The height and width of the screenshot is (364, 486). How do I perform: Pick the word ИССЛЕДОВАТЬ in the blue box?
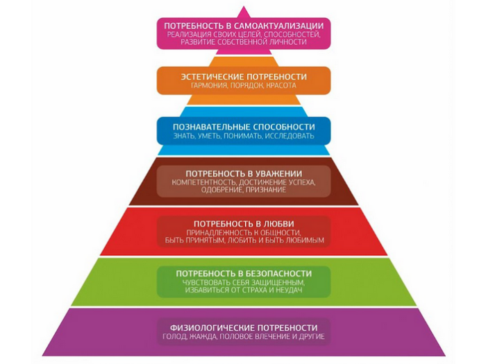[x=287, y=137]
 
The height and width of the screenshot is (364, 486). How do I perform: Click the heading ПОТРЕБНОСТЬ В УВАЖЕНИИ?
[x=243, y=173]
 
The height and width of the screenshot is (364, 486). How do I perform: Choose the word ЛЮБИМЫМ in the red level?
[x=302, y=241]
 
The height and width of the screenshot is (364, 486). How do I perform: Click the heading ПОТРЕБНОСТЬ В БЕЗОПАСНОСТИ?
[x=243, y=274]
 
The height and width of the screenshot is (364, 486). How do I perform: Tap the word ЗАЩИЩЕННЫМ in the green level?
[x=273, y=284]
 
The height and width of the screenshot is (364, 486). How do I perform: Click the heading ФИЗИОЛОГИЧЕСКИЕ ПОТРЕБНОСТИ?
[x=243, y=327]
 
